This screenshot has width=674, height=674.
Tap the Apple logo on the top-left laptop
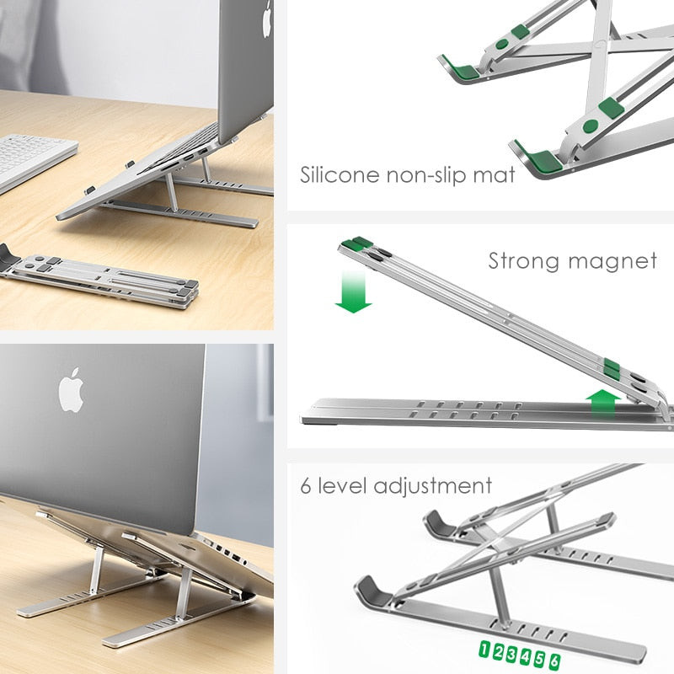(x=267, y=19)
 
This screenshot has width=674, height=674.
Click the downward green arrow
(x=353, y=292)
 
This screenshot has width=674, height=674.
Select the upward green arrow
(x=602, y=402)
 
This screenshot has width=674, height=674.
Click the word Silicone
(x=338, y=176)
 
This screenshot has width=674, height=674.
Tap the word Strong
(x=525, y=261)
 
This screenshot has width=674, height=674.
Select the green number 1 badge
(x=485, y=650)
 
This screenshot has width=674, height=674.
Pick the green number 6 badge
(x=554, y=661)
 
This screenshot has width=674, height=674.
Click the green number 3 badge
(x=512, y=654)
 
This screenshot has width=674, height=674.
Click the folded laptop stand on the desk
(x=101, y=277)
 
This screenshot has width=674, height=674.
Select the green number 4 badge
(x=526, y=656)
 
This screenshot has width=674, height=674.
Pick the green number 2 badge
(x=499, y=652)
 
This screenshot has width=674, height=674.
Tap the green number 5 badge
(x=540, y=659)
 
